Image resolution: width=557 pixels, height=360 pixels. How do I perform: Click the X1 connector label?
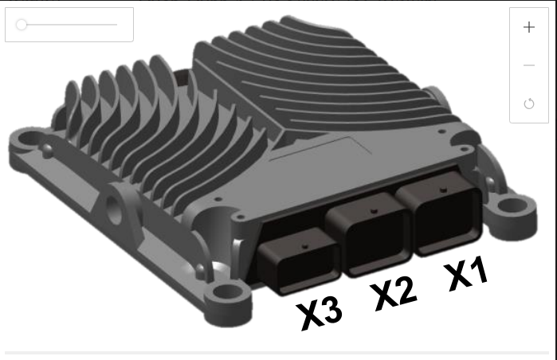pyautogui.click(x=466, y=273)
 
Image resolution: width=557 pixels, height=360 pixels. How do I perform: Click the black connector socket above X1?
pyautogui.click(x=441, y=213)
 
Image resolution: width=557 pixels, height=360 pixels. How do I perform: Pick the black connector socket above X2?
pyautogui.click(x=370, y=235)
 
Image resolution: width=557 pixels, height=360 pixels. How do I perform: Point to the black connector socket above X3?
pyautogui.click(x=298, y=261)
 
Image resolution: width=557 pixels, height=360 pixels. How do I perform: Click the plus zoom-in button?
pyautogui.click(x=529, y=27)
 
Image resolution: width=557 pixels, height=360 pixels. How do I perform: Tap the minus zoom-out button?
pyautogui.click(x=529, y=65)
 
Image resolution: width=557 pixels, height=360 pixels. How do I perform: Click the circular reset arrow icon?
pyautogui.click(x=529, y=104)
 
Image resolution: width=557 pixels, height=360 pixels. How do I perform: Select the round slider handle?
pyautogui.click(x=22, y=25)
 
